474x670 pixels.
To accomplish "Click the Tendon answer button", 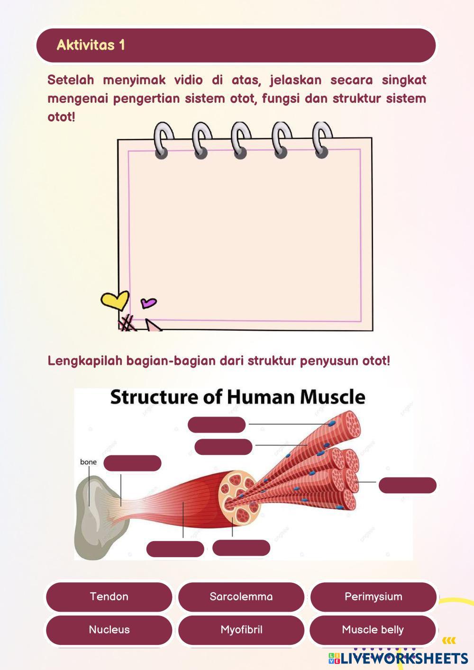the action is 109,597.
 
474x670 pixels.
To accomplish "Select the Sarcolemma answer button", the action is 241,597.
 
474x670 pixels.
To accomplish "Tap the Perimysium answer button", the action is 373,597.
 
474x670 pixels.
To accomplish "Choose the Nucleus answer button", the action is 109,630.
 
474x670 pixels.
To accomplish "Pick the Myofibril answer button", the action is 241,630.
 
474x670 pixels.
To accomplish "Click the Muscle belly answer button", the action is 373,630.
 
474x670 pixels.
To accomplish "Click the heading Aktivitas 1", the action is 91,45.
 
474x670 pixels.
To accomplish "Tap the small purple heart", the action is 148,302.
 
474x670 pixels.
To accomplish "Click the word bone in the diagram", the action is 88,462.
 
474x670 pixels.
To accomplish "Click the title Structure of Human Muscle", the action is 237,397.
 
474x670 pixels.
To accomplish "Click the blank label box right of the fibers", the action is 407,485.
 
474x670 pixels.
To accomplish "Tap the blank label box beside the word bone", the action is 132,463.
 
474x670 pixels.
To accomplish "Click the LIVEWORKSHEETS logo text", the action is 403,658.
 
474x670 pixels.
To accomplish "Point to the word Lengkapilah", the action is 85,361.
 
